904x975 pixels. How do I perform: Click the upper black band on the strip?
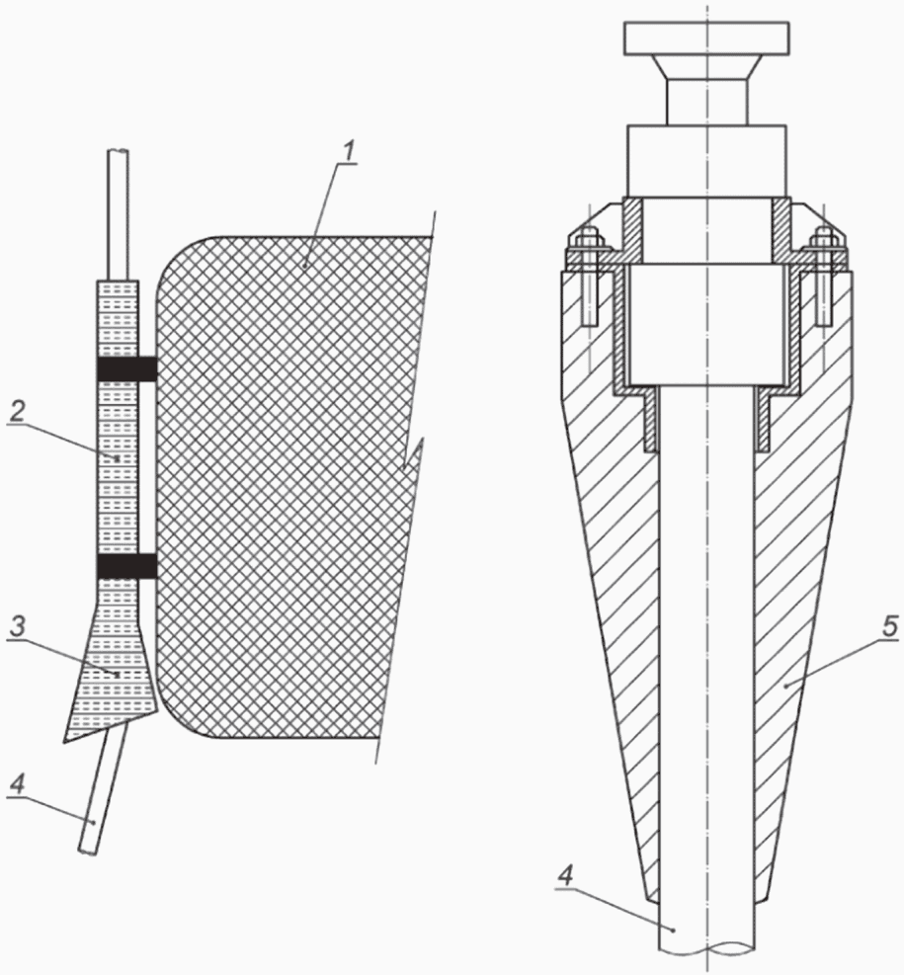(125, 368)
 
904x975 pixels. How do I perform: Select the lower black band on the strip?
(125, 566)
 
